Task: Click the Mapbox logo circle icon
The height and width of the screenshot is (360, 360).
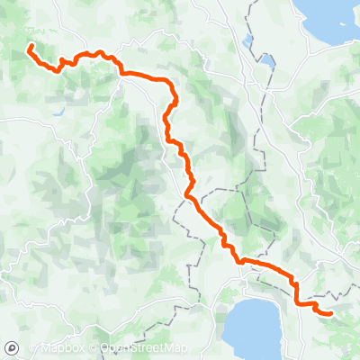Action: pyautogui.click(x=11, y=348)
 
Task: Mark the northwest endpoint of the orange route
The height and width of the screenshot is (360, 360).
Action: pyautogui.click(x=30, y=46)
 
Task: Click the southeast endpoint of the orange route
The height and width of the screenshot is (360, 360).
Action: pyautogui.click(x=330, y=313)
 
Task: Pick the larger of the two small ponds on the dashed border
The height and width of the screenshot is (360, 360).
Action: pyautogui.click(x=266, y=63)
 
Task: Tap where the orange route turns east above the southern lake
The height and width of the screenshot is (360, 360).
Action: pyautogui.click(x=241, y=261)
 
